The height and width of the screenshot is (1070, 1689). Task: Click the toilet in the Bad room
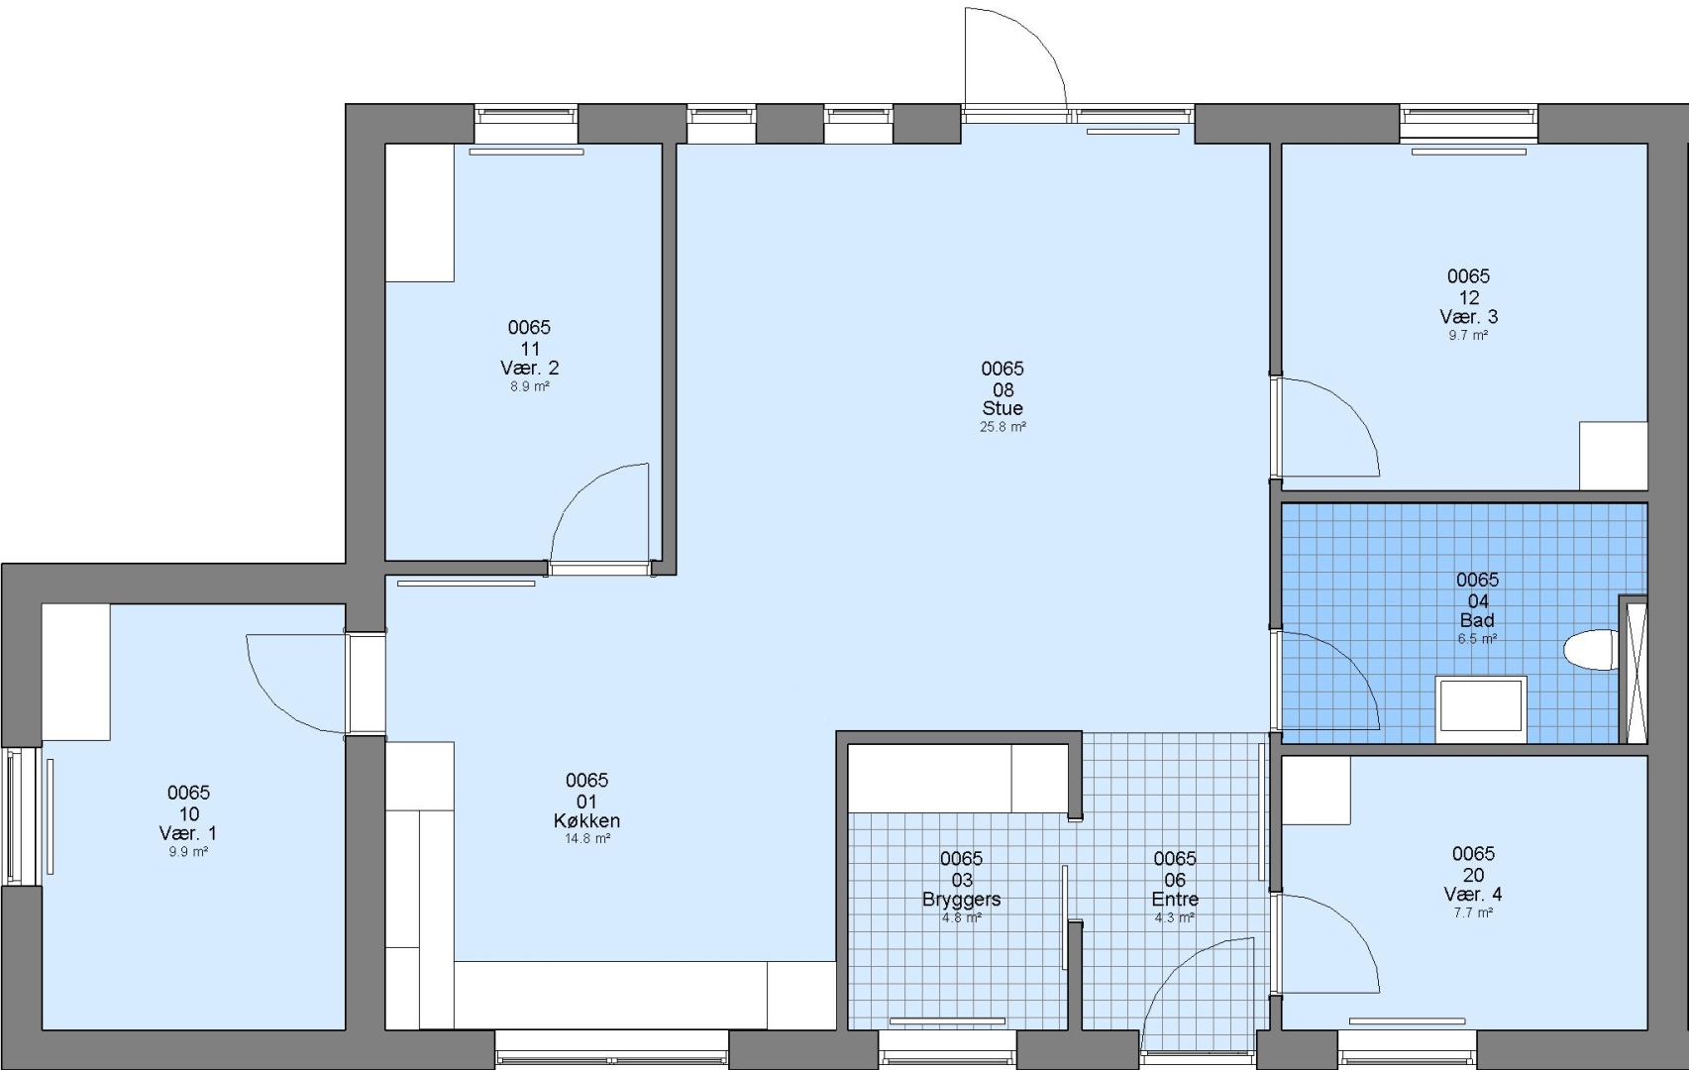pos(1591,649)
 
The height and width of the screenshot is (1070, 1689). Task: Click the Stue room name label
pos(1003,409)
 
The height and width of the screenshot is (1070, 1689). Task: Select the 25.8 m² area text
pos(1003,427)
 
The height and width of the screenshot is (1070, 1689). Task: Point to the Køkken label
pos(586,820)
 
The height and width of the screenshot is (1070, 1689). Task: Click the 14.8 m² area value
pos(587,838)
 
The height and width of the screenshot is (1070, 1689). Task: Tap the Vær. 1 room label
pos(188,833)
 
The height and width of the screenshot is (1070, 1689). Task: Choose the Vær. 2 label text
pos(529,368)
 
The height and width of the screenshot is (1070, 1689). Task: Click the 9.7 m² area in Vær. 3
pos(1468,335)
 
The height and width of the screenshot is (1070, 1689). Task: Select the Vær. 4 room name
pos(1473,895)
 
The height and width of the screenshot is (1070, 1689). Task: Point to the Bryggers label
pos(961,899)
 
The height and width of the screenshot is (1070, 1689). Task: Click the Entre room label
pos(1175,899)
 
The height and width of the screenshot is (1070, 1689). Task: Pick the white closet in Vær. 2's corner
pos(420,213)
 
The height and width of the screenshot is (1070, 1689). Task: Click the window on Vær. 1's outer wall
pos(21,816)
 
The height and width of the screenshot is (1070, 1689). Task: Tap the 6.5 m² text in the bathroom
pos(1477,639)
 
